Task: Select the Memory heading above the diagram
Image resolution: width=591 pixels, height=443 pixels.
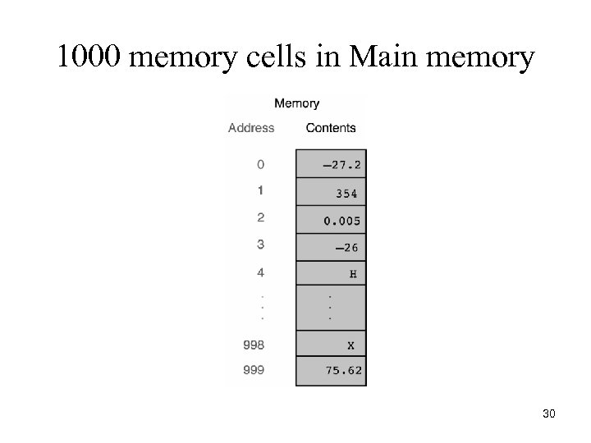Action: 296,103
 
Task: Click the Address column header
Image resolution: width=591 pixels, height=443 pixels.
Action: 251,128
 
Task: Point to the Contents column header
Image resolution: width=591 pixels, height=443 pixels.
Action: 331,128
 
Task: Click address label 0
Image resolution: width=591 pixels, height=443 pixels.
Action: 260,164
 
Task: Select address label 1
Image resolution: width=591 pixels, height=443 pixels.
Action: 260,190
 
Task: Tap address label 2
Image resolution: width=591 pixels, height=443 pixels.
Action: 260,217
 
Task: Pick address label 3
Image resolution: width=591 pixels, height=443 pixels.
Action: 260,244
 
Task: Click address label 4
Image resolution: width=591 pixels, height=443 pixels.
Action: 260,271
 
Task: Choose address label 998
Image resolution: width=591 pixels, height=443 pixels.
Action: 254,344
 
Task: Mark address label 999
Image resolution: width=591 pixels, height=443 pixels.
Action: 254,370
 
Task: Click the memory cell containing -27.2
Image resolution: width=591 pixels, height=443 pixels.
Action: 331,164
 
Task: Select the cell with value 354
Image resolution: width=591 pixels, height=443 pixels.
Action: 331,194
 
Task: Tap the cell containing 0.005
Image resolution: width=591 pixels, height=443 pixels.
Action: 331,220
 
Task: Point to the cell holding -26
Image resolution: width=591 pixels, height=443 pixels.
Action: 331,247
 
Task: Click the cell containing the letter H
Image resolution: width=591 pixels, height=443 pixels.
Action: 331,274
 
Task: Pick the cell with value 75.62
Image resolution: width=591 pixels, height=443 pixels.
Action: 331,371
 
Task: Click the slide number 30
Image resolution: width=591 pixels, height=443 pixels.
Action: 549,414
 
